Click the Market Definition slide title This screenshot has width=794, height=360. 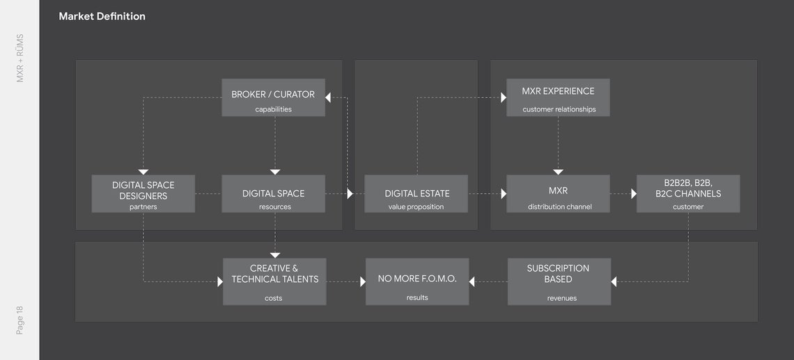pos(102,17)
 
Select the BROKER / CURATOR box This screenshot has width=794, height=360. pos(274,97)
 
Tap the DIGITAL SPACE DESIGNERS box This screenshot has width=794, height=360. pos(143,194)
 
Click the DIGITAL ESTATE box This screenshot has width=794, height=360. pos(417,194)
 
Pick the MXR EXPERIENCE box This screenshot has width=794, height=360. pos(558,97)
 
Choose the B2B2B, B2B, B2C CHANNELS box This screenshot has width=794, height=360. pos(688,194)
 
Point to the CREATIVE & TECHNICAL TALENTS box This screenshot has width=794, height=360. pos(274,281)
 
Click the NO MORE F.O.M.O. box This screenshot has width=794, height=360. pos(417,281)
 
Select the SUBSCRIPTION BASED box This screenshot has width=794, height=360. pos(559,281)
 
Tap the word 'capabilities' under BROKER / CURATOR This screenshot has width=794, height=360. pos(274,109)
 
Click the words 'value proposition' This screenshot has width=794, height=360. pos(417,207)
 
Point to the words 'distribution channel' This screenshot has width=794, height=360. pos(559,207)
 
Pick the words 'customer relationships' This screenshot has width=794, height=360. pos(559,109)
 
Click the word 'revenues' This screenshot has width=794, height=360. pos(561,298)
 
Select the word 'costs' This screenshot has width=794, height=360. pos(274,298)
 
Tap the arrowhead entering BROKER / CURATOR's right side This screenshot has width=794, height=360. pos(327,97)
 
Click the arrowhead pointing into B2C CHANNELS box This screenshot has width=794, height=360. pos(634,194)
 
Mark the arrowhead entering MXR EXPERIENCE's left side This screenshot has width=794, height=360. pos(504,97)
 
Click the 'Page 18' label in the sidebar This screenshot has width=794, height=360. pos(20,320)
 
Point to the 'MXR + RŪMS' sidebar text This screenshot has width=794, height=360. pos(20,58)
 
